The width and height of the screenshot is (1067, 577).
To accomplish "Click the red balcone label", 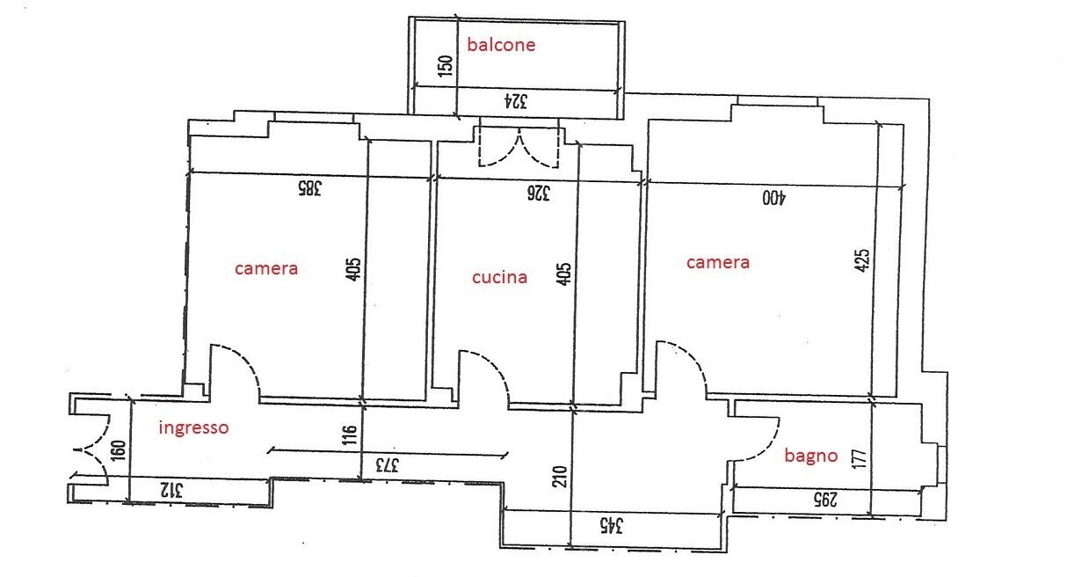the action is pyautogui.click(x=501, y=45).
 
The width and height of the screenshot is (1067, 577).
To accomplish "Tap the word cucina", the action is pyautogui.click(x=500, y=278).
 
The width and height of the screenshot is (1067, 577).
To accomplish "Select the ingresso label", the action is pyautogui.click(x=193, y=427).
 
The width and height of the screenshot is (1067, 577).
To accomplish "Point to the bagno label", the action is pyautogui.click(x=810, y=456).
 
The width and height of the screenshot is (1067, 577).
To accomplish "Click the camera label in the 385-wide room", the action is pyautogui.click(x=266, y=269).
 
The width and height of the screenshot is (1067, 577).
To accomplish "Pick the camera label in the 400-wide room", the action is pyautogui.click(x=718, y=263).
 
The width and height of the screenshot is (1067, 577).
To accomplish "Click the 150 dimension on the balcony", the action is pyautogui.click(x=445, y=66).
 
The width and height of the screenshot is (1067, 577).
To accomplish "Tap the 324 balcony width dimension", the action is pyautogui.click(x=516, y=101).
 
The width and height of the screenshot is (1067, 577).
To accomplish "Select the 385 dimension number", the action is pyautogui.click(x=309, y=188).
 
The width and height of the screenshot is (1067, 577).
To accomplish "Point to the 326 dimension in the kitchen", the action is pyautogui.click(x=538, y=194).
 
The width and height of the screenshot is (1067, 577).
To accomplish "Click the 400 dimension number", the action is pyautogui.click(x=774, y=198).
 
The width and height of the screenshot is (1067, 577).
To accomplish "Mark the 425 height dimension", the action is pyautogui.click(x=861, y=261).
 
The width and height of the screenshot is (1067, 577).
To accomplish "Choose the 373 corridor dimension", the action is pyautogui.click(x=387, y=465).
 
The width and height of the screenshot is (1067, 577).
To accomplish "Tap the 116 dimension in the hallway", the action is pyautogui.click(x=350, y=435).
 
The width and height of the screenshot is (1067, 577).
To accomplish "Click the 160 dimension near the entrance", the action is pyautogui.click(x=118, y=450).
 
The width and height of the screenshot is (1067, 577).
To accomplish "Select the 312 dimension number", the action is pyautogui.click(x=171, y=490).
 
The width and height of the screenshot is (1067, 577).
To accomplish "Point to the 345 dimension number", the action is pyautogui.click(x=611, y=525).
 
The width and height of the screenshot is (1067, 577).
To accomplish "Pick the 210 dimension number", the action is pyautogui.click(x=560, y=477).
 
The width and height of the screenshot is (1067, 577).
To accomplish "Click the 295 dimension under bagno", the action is pyautogui.click(x=824, y=500).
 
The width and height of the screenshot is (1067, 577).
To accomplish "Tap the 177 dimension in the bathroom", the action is pyautogui.click(x=859, y=459).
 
